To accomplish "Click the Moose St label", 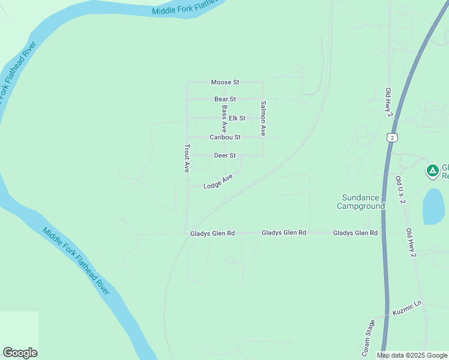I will point(225,82).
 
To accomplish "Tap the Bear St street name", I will point(225,99).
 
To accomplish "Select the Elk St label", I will point(237,118).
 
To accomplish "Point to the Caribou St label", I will point(225,137).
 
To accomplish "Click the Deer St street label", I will point(225,156).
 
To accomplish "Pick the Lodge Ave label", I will point(218,182).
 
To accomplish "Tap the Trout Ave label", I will point(187,158).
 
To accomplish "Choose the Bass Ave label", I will point(224,119).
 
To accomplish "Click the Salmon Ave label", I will point(263,117).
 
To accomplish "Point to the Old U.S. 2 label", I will point(402,190).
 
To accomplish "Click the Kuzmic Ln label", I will point(408,308).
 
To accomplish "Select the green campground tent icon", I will point(432,170).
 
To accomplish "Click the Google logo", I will point(20,353).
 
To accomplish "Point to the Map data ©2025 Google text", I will point(412,355).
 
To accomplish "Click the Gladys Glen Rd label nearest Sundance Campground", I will point(355,233).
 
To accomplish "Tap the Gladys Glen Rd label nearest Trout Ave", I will point(212,233).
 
